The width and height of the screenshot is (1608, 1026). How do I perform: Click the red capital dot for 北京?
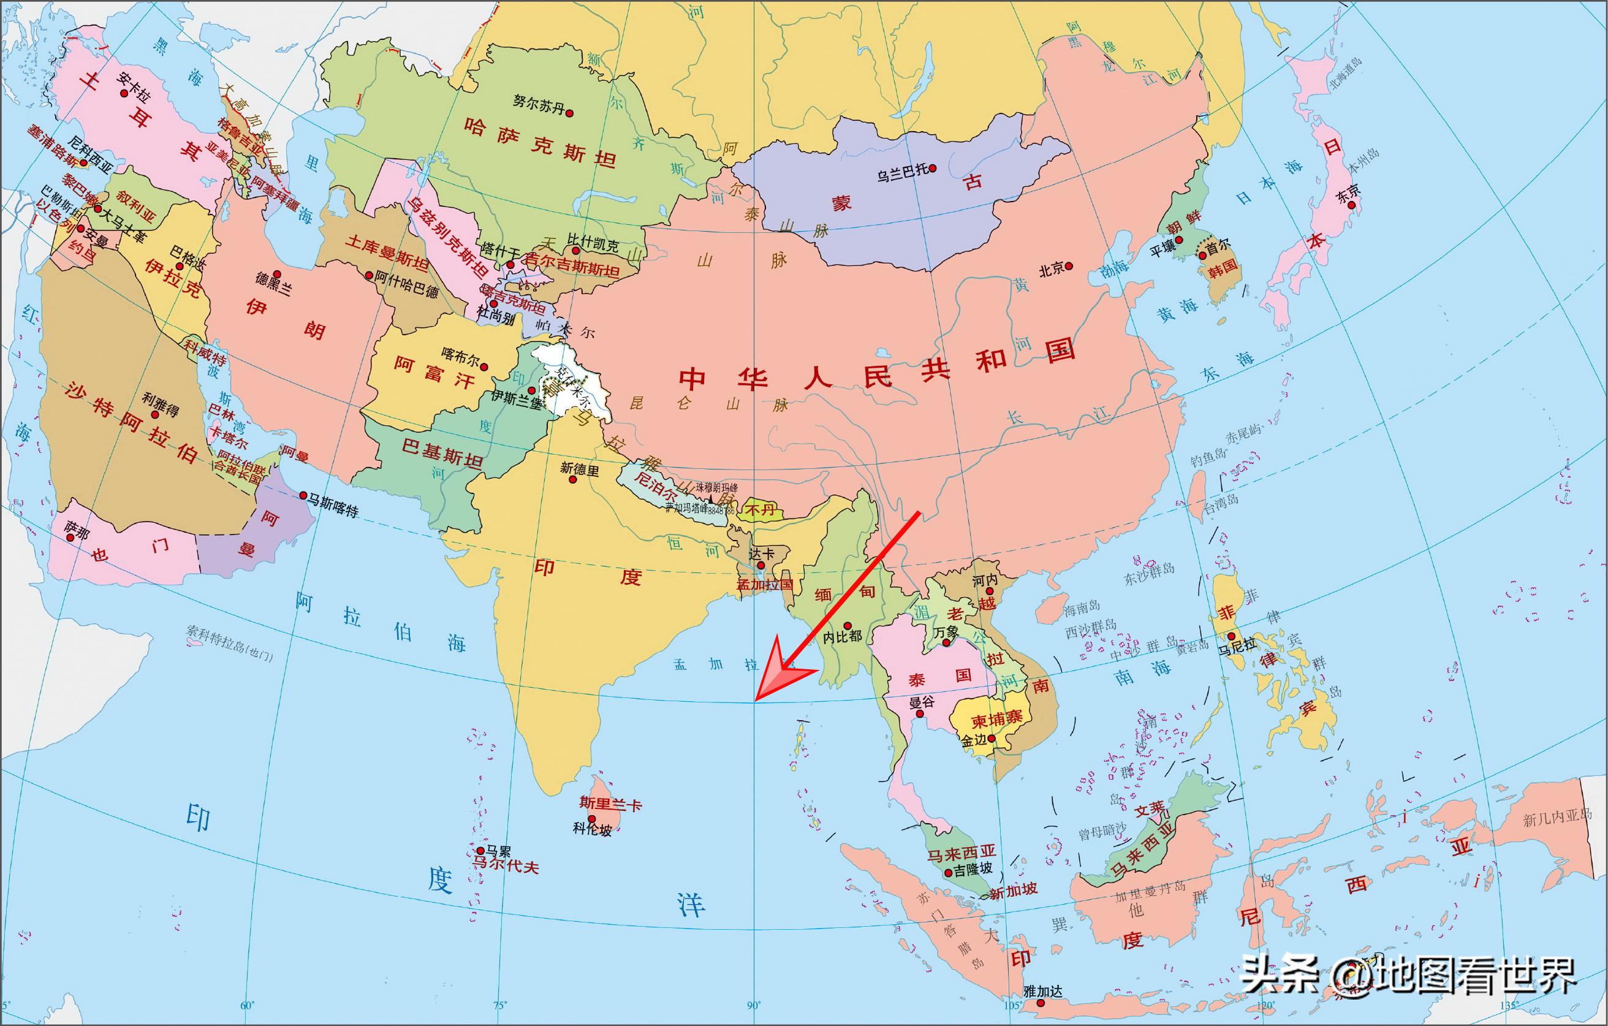point(1069,266)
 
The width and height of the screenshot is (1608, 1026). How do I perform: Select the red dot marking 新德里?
point(572,480)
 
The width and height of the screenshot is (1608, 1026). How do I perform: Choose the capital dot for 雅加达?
point(1041,1003)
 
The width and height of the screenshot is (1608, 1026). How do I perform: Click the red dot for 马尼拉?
point(1231,636)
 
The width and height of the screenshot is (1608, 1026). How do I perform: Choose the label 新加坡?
point(1013,891)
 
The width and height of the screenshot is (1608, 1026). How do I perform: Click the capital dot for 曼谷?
point(920,714)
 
